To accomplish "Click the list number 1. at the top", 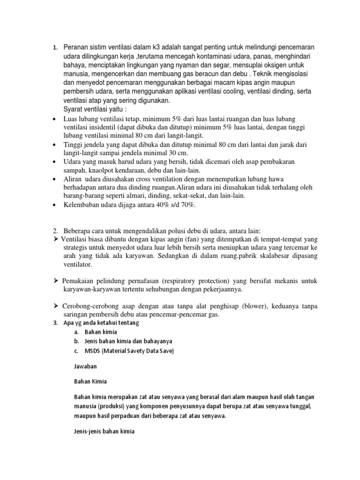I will pyautogui.click(x=55, y=48).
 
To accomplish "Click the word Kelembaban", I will pyautogui.click(x=82, y=205).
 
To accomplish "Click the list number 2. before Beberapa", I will pyautogui.click(x=55, y=231).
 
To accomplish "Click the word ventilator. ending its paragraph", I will pyautogui.click(x=79, y=265).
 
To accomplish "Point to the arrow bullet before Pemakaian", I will pyautogui.click(x=55, y=281).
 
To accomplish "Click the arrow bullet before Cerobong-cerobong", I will pyautogui.click(x=55, y=306).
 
